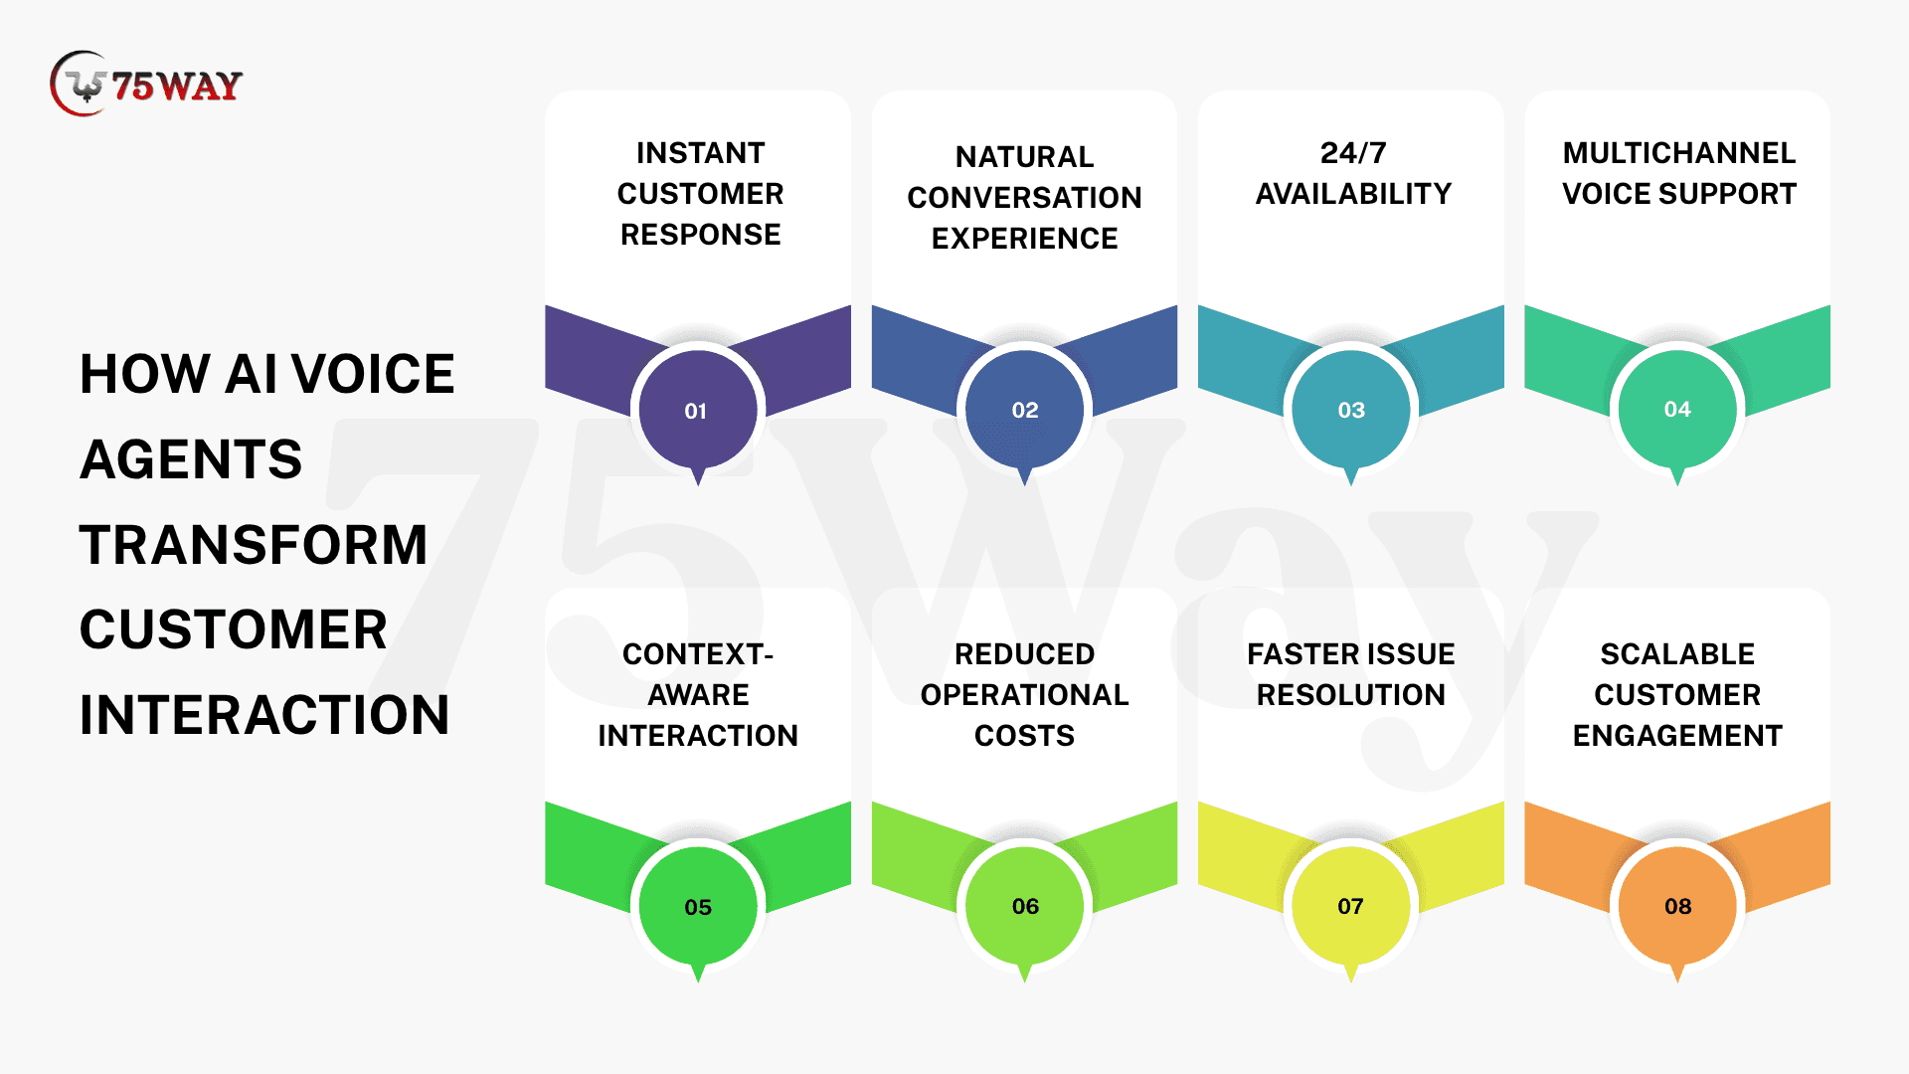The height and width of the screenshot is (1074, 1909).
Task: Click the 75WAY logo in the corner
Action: coord(146,85)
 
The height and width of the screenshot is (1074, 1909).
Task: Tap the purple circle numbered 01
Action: coord(698,410)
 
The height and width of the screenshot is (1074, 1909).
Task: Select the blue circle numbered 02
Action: coord(1024,410)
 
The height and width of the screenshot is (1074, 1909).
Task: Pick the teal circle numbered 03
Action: coord(1350,410)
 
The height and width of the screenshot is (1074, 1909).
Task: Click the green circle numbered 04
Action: coord(1677,409)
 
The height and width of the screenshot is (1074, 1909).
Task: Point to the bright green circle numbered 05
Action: coord(698,906)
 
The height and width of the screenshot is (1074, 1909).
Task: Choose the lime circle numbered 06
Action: coord(1024,906)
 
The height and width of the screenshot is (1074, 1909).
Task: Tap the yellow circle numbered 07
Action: coord(1350,906)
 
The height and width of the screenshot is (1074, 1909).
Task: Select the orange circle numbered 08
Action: coord(1677,906)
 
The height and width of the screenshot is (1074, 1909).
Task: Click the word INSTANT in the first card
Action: coord(700,153)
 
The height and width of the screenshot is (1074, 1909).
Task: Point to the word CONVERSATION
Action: coord(1024,198)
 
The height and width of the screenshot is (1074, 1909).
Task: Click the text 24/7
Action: coord(1352,153)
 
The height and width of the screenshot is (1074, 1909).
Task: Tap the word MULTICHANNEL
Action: coord(1678,153)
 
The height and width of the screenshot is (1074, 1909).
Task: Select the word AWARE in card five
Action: coord(698,695)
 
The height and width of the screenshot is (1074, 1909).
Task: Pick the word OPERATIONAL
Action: coord(1024,695)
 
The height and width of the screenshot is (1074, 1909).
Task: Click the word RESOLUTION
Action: coord(1350,695)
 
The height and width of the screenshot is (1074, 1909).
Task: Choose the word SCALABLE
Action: coord(1677,654)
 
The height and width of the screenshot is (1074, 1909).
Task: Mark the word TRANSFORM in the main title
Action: coord(254,545)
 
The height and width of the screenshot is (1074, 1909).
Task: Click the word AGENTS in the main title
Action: coord(191,459)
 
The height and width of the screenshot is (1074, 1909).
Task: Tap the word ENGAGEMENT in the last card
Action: coord(1677,736)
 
